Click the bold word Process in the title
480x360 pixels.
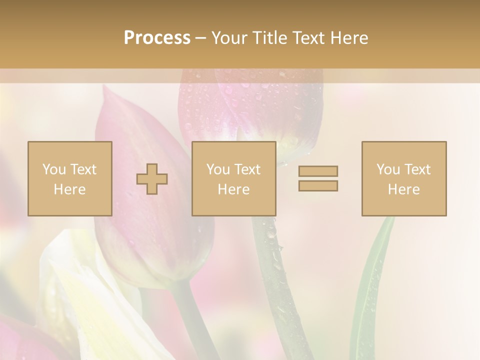tap(157, 38)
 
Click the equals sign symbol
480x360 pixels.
tap(318, 178)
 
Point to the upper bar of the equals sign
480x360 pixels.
tap(318, 171)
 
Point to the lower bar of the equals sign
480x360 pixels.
tap(318, 185)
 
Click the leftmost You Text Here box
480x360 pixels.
tap(70, 178)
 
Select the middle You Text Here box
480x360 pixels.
tap(234, 178)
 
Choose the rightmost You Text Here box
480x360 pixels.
tap(404, 178)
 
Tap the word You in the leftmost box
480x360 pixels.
tap(54, 169)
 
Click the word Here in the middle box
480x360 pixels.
tap(234, 189)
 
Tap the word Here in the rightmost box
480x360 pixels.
tap(404, 189)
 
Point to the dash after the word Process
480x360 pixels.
tap(200, 38)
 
